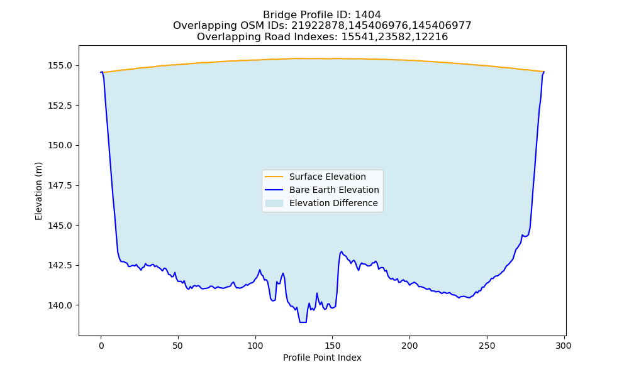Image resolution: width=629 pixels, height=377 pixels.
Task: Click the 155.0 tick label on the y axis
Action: click(60, 66)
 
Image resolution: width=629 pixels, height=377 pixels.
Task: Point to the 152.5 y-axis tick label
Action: click(60, 106)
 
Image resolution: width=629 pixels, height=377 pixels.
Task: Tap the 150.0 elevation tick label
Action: click(60, 145)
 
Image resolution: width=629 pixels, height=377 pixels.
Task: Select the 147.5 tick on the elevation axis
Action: click(60, 185)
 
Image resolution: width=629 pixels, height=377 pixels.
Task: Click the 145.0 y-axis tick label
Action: click(60, 226)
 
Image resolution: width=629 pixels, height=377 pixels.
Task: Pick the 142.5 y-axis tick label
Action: click(60, 266)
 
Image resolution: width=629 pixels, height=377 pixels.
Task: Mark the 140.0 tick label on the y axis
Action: click(60, 305)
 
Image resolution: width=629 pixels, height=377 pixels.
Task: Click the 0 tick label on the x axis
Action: click(101, 346)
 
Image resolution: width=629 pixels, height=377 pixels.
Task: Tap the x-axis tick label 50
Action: click(178, 346)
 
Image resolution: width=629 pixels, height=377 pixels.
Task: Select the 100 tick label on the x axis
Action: click(255, 346)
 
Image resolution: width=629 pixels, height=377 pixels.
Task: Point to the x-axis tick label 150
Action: click(333, 346)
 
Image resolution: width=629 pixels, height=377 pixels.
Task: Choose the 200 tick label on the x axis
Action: click(409, 346)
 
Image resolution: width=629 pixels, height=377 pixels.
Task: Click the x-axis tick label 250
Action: click(487, 346)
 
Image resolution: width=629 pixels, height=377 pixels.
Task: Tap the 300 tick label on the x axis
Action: click(564, 346)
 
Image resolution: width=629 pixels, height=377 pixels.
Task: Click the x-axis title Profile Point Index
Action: click(322, 358)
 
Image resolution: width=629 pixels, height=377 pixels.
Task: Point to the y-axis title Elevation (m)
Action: click(38, 191)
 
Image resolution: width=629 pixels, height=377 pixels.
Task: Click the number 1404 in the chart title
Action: click(368, 15)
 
